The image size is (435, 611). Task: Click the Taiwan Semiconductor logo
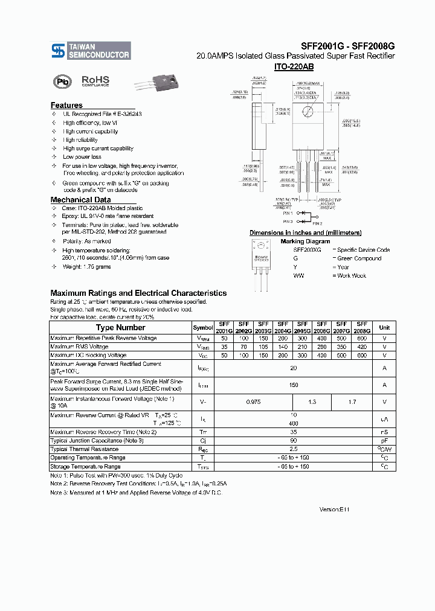pos(90,51)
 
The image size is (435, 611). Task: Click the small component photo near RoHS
pos(154,83)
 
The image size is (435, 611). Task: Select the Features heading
pos(66,105)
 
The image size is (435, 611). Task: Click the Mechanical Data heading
pos(80,200)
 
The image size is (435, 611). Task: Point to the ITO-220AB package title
pos(294,66)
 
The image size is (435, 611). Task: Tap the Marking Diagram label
pos(305,242)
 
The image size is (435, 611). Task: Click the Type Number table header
pos(121,327)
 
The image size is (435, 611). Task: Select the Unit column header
pos(384,327)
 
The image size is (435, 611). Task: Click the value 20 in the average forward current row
pos(294,368)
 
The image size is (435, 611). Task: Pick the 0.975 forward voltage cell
pos(254,401)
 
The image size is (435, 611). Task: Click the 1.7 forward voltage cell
pos(352,401)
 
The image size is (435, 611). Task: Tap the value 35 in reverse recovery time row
pos(294,432)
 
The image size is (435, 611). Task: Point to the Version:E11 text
pos(334,510)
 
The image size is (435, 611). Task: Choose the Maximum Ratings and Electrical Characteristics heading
pos(138,293)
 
